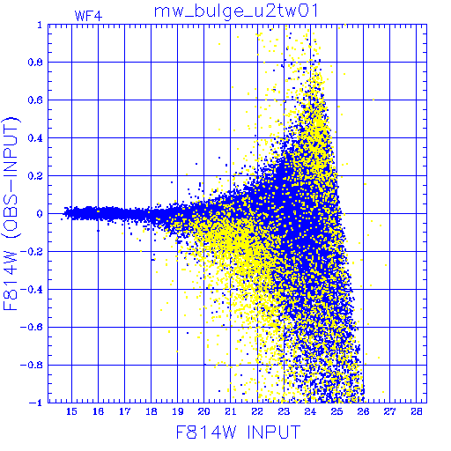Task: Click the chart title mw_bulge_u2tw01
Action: tap(236, 11)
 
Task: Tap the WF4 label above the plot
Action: tap(88, 16)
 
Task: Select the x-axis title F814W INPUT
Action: tap(238, 432)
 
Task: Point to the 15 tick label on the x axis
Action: tap(71, 411)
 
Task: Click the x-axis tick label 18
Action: tap(152, 411)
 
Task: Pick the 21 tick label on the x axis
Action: tap(231, 411)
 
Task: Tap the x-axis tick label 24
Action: tap(310, 411)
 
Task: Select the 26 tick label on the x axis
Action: tap(363, 411)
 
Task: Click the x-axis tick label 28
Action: tap(416, 411)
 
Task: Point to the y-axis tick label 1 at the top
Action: tap(40, 25)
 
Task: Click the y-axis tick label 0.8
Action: tap(35, 63)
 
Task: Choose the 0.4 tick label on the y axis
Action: tap(35, 138)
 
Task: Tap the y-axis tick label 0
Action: tap(40, 213)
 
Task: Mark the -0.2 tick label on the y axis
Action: tap(32, 252)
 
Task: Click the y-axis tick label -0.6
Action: tap(32, 327)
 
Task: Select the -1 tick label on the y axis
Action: tap(36, 403)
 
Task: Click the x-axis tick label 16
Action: tap(98, 411)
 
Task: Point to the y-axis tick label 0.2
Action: tap(35, 176)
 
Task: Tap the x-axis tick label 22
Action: tap(257, 411)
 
